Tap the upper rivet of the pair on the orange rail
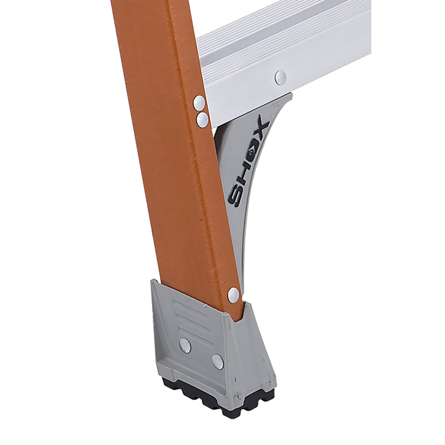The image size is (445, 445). coord(199,102)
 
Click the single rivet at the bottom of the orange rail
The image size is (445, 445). coord(233,294)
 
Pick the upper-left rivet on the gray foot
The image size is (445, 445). coord(185,346)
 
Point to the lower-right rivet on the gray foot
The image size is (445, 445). coord(218,362)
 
